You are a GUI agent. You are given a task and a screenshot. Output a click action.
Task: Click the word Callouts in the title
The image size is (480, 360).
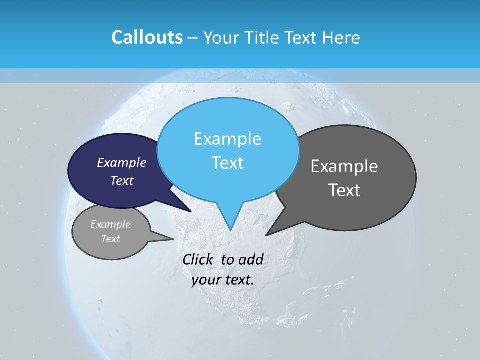pyautogui.click(x=147, y=38)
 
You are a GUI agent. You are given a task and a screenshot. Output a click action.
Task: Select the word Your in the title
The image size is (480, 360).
pyautogui.click(x=221, y=38)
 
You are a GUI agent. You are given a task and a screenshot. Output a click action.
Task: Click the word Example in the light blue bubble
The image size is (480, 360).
pyautogui.click(x=227, y=139)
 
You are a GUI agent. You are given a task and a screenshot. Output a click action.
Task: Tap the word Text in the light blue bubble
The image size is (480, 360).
pyautogui.click(x=227, y=163)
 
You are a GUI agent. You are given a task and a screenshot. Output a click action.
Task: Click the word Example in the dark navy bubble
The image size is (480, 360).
pyautogui.click(x=121, y=162)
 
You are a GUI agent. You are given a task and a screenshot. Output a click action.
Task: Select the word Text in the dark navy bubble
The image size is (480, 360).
pyautogui.click(x=121, y=180)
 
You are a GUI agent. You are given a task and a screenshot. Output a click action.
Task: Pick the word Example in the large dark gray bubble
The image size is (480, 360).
pyautogui.click(x=344, y=166)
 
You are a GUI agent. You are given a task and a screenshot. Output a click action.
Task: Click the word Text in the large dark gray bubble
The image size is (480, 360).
pyautogui.click(x=344, y=190)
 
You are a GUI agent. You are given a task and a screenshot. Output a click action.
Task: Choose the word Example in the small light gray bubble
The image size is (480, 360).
pyautogui.click(x=110, y=224)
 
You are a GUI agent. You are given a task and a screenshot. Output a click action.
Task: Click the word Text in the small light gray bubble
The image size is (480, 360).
pyautogui.click(x=110, y=239)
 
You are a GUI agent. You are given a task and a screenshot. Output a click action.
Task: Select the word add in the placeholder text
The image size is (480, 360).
pyautogui.click(x=251, y=260)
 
